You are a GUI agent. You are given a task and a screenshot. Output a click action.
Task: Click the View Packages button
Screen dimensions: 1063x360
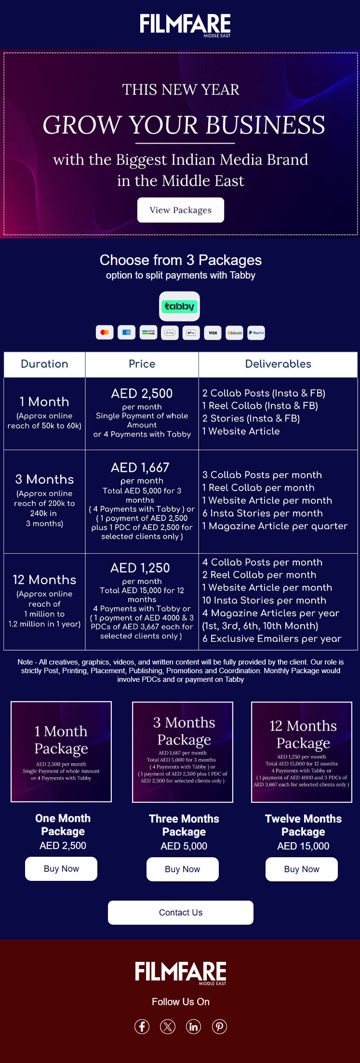[x=181, y=210]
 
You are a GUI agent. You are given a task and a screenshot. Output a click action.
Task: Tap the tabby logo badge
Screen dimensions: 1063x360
[x=179, y=306]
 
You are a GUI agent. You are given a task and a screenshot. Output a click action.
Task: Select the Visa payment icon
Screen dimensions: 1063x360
[x=213, y=332]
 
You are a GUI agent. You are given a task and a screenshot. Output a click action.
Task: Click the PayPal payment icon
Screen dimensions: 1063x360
[x=256, y=332]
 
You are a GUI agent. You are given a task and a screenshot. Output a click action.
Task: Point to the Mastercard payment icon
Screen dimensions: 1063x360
[x=105, y=332]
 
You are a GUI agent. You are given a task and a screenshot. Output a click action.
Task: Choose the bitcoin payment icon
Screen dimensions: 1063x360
[x=234, y=332]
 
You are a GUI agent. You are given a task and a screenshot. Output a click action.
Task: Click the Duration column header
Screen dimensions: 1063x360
[x=44, y=364]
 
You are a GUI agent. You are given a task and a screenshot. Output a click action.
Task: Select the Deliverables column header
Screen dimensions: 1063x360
[x=278, y=364]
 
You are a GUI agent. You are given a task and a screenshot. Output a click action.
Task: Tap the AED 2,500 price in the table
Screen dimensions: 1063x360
[x=142, y=393]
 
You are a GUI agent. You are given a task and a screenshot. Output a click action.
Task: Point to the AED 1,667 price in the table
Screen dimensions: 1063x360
[x=140, y=467]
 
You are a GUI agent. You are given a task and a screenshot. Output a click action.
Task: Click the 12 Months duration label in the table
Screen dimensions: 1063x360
[x=44, y=579]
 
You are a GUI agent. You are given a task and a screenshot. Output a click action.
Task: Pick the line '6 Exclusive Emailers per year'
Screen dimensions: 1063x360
[x=272, y=638]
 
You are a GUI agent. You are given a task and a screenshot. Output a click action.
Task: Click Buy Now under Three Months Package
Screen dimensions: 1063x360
[x=182, y=869]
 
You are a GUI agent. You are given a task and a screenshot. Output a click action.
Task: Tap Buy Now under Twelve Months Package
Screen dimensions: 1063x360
[x=302, y=869]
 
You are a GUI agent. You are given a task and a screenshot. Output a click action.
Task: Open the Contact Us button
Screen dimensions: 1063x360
[x=181, y=912]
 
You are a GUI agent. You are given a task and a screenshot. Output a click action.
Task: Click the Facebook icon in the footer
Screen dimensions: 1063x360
[x=142, y=1026]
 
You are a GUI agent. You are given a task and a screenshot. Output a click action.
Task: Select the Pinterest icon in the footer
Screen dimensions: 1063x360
[x=219, y=1026]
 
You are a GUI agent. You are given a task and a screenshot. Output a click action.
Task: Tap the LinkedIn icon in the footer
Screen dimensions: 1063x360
[x=194, y=1026]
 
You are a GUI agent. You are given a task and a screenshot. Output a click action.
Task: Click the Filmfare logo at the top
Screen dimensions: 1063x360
[x=185, y=24]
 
